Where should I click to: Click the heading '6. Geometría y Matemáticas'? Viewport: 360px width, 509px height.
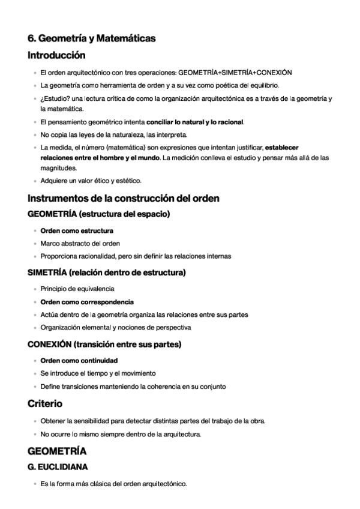point(92,38)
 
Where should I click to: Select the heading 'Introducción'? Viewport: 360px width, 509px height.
point(56,56)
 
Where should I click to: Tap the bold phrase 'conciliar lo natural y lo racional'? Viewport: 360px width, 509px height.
point(195,122)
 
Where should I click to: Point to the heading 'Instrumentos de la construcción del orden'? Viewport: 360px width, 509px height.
point(124,198)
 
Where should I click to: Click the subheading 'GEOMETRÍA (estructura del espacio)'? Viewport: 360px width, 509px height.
point(99,214)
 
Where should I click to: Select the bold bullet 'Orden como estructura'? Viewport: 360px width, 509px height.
point(77,230)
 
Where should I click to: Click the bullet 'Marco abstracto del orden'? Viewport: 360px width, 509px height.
point(80,244)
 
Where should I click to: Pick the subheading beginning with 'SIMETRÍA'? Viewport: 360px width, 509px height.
point(107,273)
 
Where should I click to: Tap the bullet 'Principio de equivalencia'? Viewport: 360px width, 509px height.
point(77,289)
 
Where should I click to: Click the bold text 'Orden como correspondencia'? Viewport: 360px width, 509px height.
point(87,302)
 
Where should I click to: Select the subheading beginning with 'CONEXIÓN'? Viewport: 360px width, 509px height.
point(104,345)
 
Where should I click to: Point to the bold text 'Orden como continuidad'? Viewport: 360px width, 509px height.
point(79,361)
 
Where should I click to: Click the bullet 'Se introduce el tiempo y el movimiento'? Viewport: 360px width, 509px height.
point(98,373)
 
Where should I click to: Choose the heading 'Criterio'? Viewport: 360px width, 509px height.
point(45,404)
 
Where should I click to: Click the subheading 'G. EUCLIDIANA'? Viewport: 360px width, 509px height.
point(58,466)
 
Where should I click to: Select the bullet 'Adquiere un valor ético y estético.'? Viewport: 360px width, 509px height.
point(91,181)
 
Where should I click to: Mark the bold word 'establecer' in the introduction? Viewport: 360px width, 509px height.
point(282,147)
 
